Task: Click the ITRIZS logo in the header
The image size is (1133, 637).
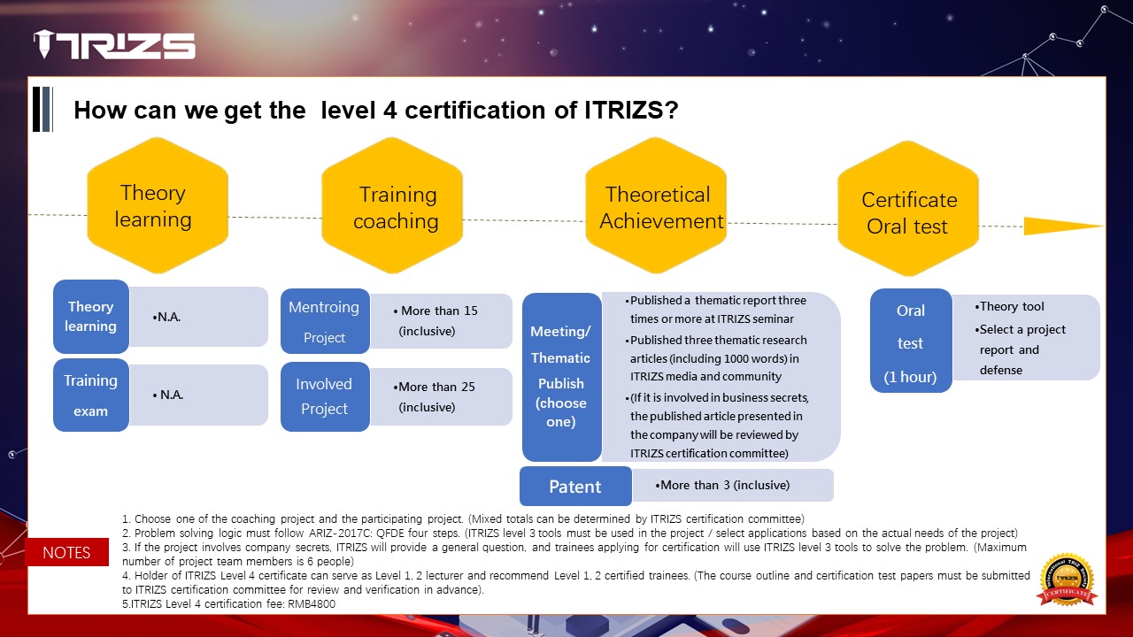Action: [x=114, y=44]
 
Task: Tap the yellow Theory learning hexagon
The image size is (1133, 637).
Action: [x=158, y=205]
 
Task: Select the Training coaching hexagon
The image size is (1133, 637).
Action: [x=392, y=205]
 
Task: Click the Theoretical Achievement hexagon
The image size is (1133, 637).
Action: [x=656, y=205]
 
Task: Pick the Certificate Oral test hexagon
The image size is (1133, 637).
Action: [x=908, y=208]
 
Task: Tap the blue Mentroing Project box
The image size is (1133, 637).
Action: [x=325, y=321]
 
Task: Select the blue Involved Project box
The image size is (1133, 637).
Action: [x=325, y=396]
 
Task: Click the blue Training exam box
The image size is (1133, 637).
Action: [x=91, y=395]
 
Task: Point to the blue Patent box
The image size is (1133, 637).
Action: [x=575, y=487]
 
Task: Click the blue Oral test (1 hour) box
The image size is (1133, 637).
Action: [x=911, y=341]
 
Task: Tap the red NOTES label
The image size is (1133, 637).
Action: [x=66, y=552]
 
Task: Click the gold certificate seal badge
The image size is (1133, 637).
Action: [x=1067, y=579]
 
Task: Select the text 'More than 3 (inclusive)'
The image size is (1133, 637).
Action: [x=725, y=486]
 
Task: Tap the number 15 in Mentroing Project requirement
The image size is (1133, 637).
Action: [x=471, y=311]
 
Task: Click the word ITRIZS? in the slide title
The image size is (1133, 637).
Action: [x=631, y=110]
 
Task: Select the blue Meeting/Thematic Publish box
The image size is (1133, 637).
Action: [x=561, y=377]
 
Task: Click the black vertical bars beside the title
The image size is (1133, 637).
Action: [x=42, y=109]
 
